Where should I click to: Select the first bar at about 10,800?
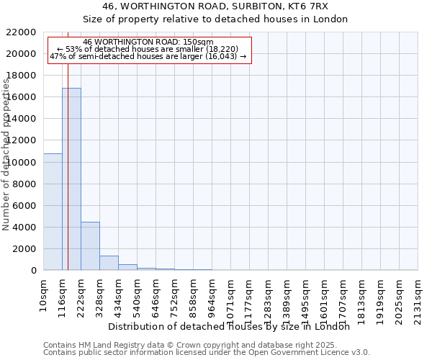[x=53, y=212]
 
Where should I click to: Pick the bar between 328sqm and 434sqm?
[x=109, y=263]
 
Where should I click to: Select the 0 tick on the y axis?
[x=33, y=271]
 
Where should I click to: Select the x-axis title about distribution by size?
[x=233, y=326]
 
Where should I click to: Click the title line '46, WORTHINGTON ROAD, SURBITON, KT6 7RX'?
[x=215, y=6]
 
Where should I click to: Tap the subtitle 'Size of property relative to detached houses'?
[x=215, y=19]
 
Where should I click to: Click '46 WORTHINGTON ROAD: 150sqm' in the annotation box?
[x=148, y=42]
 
